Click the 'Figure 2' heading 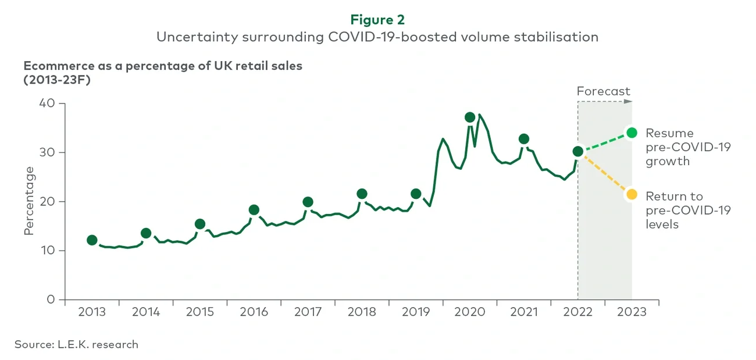click(377, 20)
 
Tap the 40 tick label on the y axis click(47, 104)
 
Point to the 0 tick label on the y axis click(51, 300)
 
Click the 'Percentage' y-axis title click(29, 201)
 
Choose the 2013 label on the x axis click(92, 312)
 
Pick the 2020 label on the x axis click(469, 312)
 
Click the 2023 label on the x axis click(632, 312)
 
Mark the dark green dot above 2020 click(470, 117)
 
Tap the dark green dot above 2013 click(92, 240)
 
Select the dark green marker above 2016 click(254, 210)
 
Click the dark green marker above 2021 click(524, 139)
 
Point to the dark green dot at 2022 click(577, 151)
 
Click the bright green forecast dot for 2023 click(632, 133)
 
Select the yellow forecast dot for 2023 click(632, 194)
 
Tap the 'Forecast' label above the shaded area click(603, 91)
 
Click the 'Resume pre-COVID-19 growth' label click(688, 147)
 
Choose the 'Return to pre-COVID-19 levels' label click(688, 210)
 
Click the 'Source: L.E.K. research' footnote click(76, 344)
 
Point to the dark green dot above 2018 click(362, 194)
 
